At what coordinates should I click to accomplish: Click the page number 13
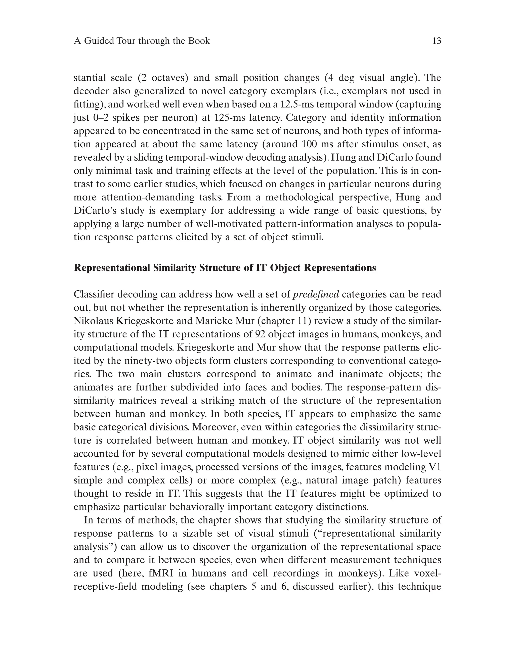tap(436, 41)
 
